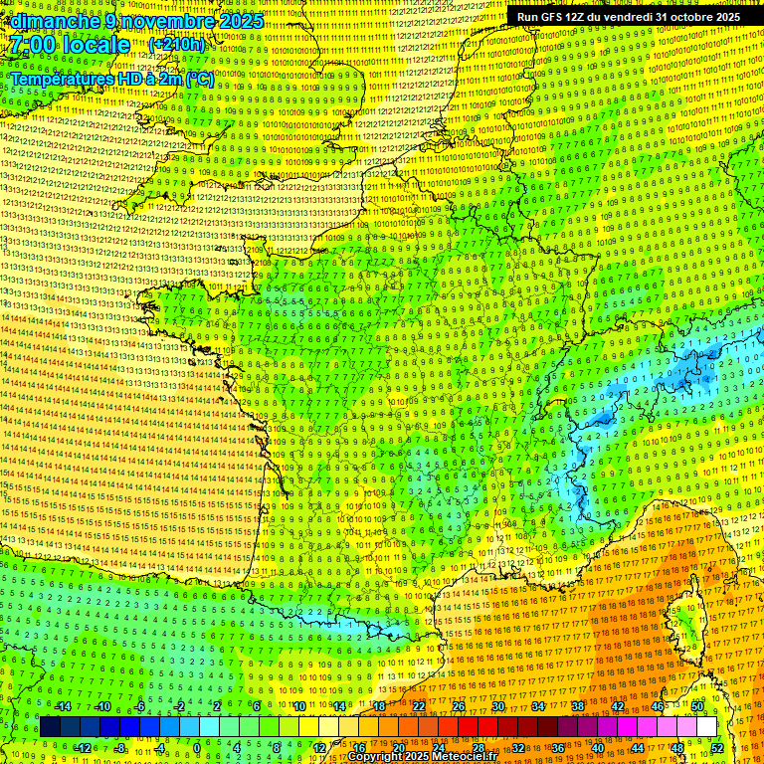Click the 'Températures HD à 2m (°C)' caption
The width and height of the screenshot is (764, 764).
point(111,79)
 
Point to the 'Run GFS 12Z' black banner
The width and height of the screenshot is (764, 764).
point(628,17)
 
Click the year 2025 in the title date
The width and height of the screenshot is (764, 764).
point(241,21)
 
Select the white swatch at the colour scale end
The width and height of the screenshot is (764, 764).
point(706,727)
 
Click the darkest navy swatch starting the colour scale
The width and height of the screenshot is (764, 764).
point(50,727)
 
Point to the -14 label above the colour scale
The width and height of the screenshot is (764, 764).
point(62,706)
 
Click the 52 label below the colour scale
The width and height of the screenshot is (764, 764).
point(717,748)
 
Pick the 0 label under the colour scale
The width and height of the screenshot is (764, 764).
point(197,748)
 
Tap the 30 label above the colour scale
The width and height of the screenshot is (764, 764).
point(497,706)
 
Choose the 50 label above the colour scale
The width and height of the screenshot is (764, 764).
point(696,706)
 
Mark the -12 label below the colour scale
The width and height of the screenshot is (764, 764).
point(82,748)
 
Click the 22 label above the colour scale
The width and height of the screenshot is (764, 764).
point(418,706)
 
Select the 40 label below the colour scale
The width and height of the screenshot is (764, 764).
point(598,748)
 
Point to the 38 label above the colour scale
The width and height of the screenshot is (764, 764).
point(577,706)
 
